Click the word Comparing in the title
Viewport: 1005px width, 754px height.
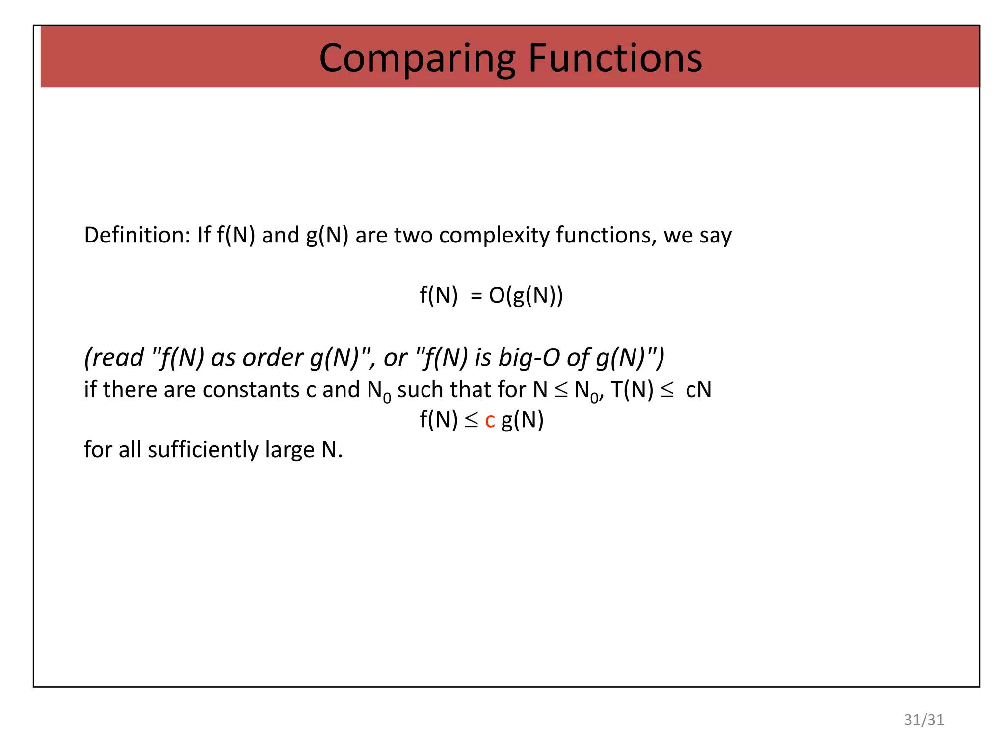(x=418, y=58)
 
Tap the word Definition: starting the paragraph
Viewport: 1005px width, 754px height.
(x=137, y=235)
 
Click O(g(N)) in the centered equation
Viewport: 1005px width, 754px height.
(x=526, y=296)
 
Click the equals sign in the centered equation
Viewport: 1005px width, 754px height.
(x=476, y=296)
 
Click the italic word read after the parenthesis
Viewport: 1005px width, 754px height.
(x=117, y=357)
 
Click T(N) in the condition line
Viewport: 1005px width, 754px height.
(x=632, y=390)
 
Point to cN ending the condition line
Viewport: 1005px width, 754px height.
(x=698, y=390)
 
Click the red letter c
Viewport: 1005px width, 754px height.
(x=490, y=421)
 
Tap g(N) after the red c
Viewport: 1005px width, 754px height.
(x=522, y=421)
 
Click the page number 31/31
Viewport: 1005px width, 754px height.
(x=924, y=720)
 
